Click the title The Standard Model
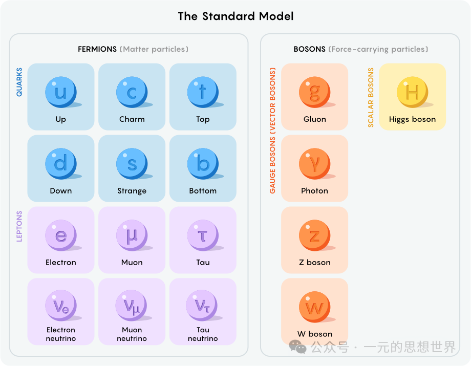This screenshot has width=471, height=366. (235, 16)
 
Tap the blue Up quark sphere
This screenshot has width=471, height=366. (60, 92)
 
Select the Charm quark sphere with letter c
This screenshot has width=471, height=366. (132, 92)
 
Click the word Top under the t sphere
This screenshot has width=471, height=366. (203, 119)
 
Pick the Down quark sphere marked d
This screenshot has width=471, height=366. (60, 164)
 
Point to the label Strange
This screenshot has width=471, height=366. (132, 191)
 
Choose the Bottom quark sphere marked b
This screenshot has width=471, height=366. (203, 164)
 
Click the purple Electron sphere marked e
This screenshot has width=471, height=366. (60, 235)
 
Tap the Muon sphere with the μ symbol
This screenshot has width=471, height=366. (132, 235)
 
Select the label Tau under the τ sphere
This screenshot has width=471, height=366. (203, 263)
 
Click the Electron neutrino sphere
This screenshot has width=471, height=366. (60, 306)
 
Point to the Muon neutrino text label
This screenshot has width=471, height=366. (132, 334)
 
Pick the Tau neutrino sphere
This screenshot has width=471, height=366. (203, 306)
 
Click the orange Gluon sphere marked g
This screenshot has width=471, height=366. (314, 92)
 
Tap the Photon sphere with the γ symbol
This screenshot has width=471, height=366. (314, 164)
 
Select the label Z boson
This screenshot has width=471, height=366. (314, 263)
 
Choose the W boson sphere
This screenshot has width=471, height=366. (314, 307)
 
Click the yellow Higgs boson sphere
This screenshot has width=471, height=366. (412, 92)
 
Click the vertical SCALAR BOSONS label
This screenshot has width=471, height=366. (371, 97)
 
